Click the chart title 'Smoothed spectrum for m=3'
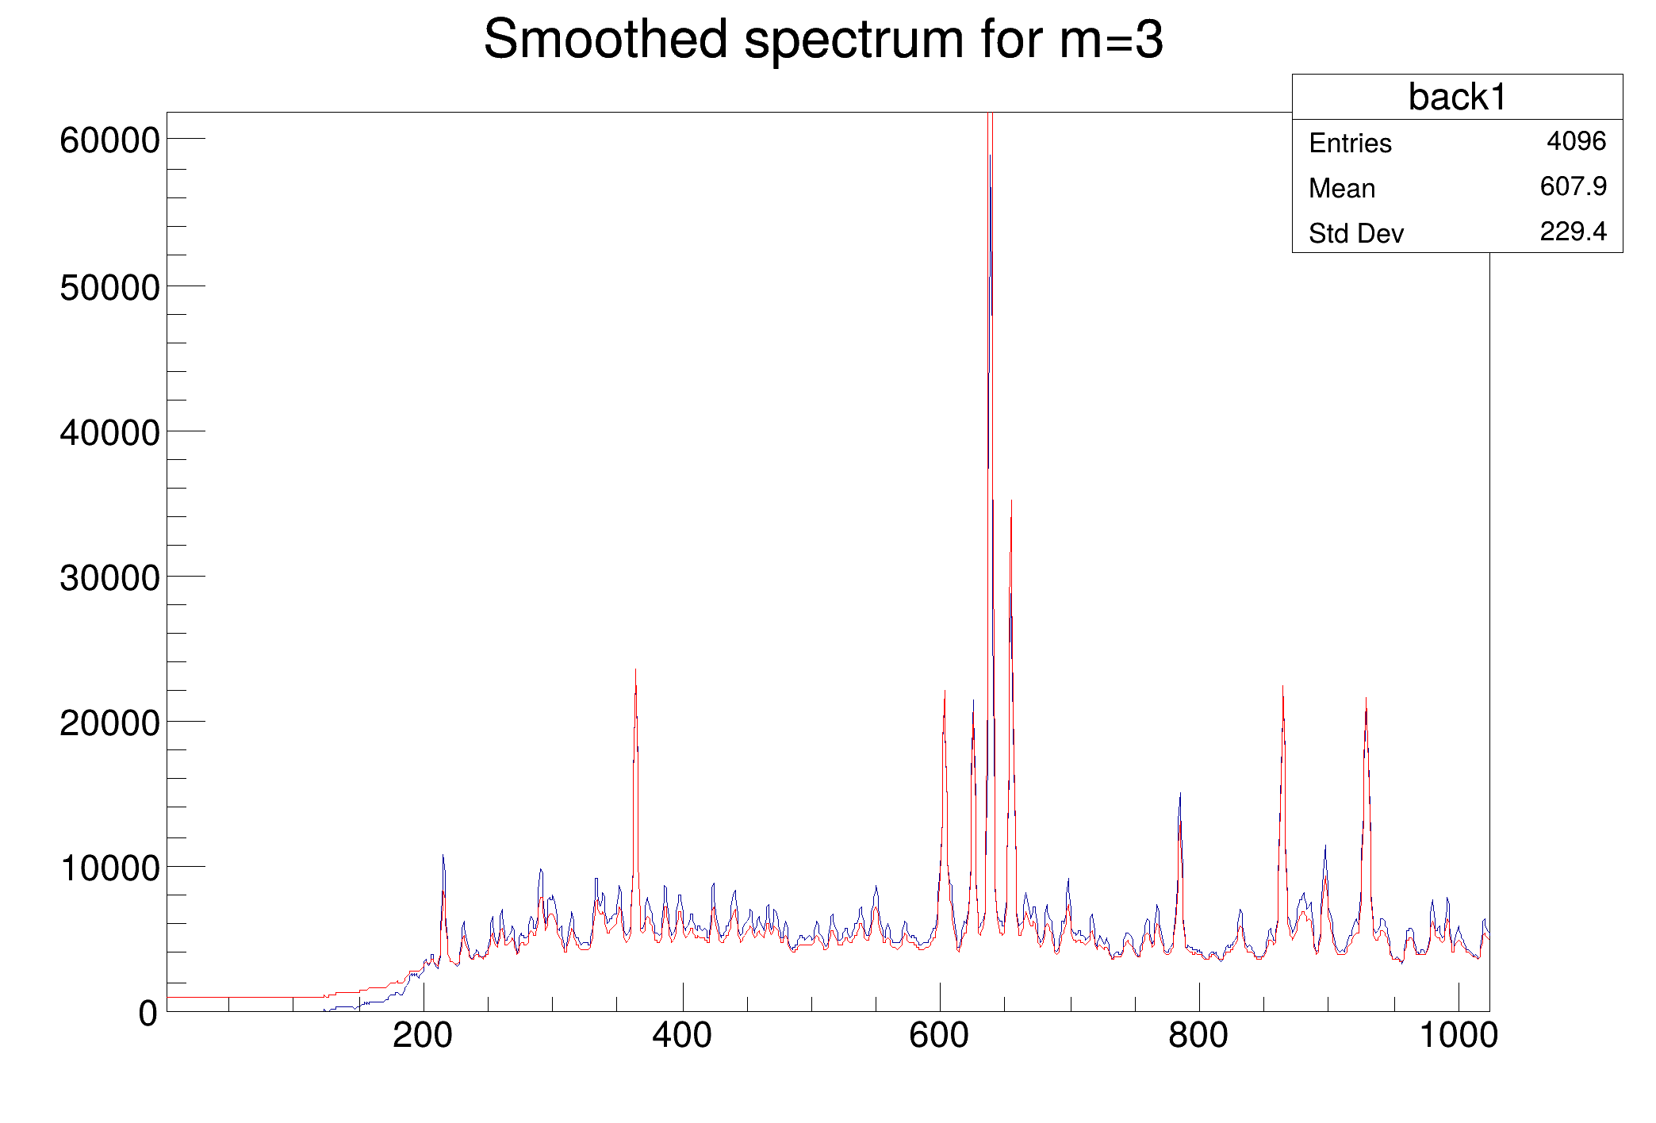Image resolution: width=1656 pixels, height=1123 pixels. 823,40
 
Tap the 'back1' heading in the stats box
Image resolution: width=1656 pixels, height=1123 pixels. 1456,98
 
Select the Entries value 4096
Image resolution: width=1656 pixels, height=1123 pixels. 1575,141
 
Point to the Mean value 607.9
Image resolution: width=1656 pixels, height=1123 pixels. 1573,186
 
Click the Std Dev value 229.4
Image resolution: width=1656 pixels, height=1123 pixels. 1573,232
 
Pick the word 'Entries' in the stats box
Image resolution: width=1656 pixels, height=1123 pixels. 1350,144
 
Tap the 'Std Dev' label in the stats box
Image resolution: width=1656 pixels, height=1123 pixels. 1355,234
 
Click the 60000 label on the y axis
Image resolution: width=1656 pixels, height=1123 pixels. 109,141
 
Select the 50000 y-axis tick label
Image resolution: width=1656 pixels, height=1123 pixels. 109,287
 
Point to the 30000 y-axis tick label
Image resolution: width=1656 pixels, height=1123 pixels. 109,578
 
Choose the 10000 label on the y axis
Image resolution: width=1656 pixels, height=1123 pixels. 109,868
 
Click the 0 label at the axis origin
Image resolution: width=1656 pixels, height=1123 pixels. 148,1014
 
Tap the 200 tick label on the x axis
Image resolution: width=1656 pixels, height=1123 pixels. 423,1036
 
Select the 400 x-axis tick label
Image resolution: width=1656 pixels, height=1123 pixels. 682,1036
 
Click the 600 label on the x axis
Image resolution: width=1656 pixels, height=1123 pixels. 940,1036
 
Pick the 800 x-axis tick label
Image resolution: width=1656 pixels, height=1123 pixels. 1198,1036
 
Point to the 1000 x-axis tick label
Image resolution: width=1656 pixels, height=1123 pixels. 1458,1036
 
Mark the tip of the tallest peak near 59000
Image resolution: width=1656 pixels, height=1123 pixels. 991,156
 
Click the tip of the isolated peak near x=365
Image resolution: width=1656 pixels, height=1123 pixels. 635,671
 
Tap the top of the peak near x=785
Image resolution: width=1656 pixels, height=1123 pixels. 1180,793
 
